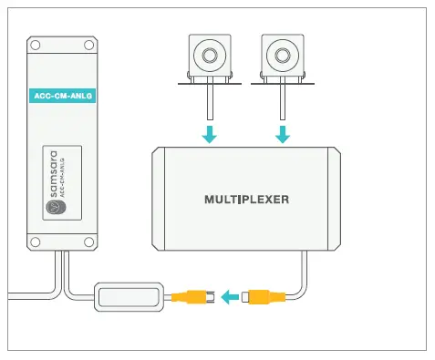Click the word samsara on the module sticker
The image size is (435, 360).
pos(53,176)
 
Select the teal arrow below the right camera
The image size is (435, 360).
pos(284,135)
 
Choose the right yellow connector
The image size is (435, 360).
pos(265,296)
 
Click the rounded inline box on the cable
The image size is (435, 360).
pos(129,296)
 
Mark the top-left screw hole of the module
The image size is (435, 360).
pos(34,45)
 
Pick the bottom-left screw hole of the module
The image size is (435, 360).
pos(34,243)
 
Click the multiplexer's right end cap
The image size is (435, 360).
pos(335,198)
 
